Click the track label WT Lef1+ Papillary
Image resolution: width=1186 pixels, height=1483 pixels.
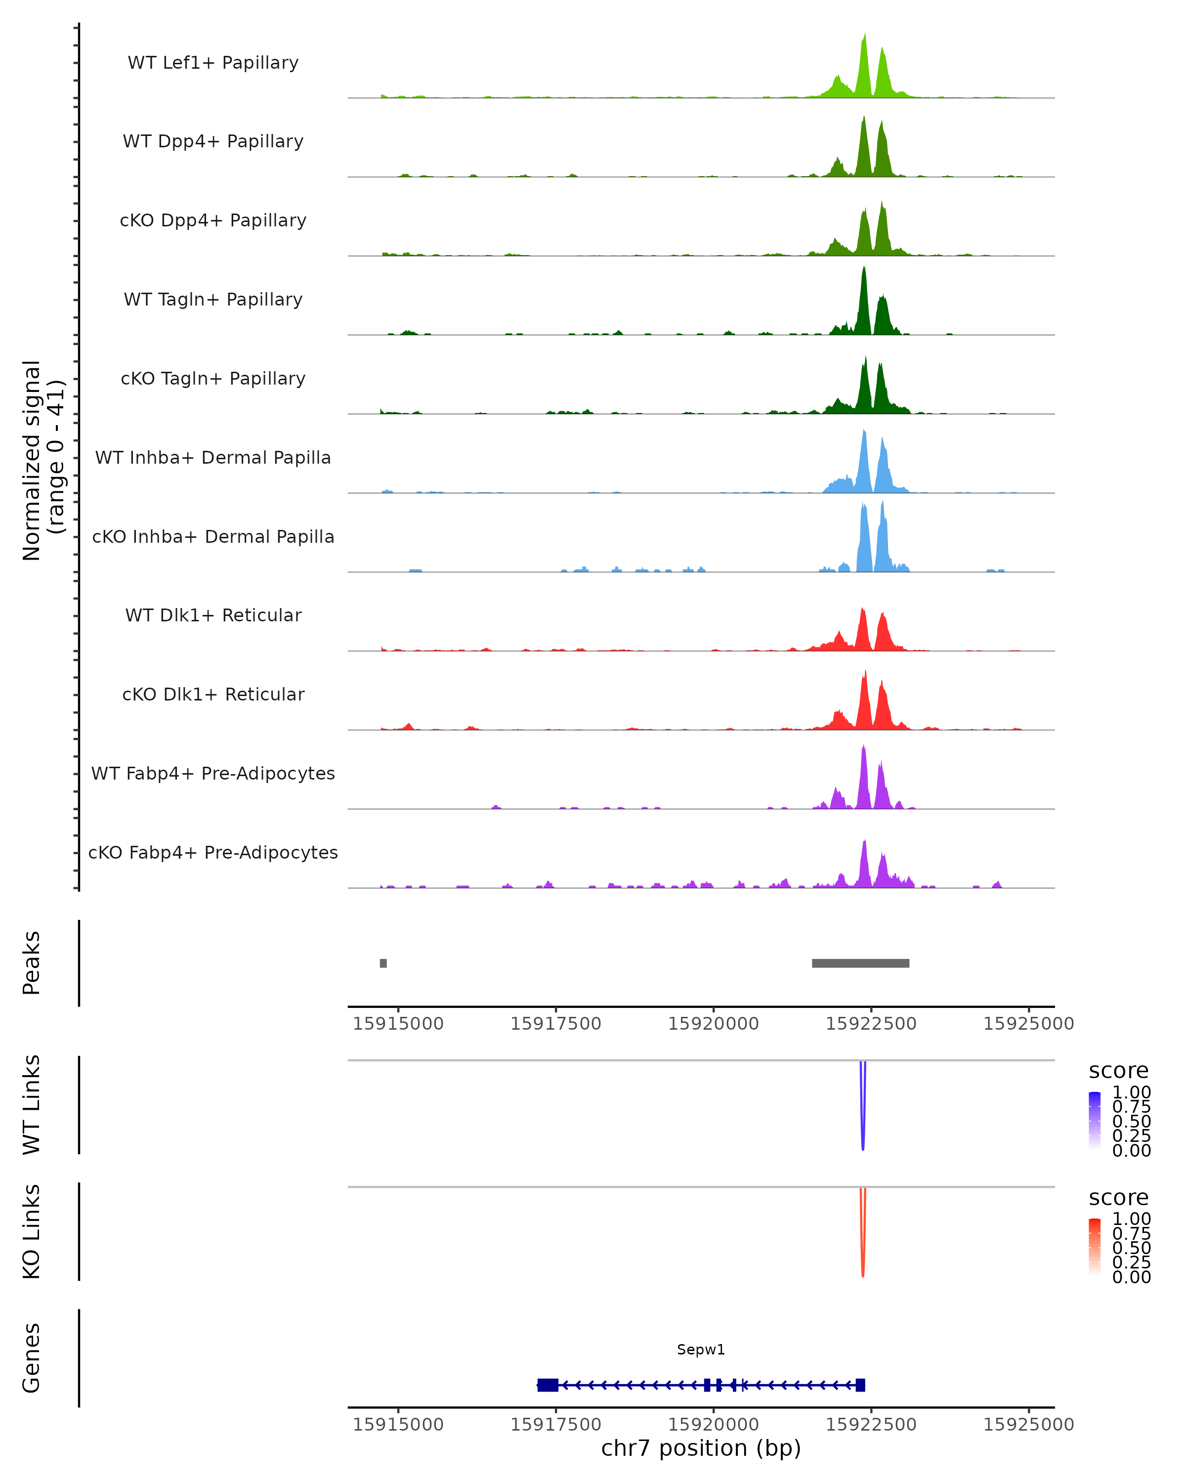213,63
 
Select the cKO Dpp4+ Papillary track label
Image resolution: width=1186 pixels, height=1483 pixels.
213,220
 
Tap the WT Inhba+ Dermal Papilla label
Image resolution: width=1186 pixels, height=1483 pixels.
213,457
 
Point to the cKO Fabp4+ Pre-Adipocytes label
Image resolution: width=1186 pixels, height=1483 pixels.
213,852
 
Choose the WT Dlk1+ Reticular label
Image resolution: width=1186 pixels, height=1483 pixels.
213,615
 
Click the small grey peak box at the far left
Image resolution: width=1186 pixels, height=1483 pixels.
383,963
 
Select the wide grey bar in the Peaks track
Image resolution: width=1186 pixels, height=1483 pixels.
860,963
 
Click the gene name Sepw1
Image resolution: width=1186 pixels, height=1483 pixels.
701,1350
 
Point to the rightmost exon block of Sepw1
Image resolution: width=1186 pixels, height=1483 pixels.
860,1385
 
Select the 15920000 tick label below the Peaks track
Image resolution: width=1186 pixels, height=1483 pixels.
713,1024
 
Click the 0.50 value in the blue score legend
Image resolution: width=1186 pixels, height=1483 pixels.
1132,1121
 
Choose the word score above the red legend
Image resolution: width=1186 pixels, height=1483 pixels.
1119,1198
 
